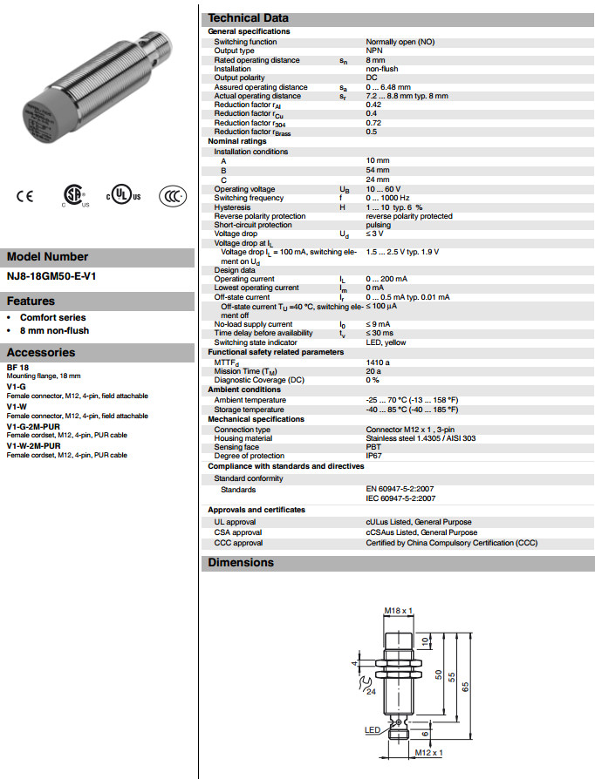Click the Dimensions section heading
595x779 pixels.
pyautogui.click(x=240, y=562)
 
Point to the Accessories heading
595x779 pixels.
pyautogui.click(x=41, y=353)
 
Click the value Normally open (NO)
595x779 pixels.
pyautogui.click(x=400, y=42)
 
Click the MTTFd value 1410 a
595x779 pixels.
pyautogui.click(x=378, y=362)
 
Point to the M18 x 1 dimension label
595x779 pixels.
pyautogui.click(x=398, y=611)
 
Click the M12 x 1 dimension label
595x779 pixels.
pyautogui.click(x=428, y=752)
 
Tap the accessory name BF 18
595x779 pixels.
pyautogui.click(x=17, y=368)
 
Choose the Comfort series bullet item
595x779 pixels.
pyautogui.click(x=53, y=318)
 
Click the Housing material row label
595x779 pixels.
pyautogui.click(x=243, y=438)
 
